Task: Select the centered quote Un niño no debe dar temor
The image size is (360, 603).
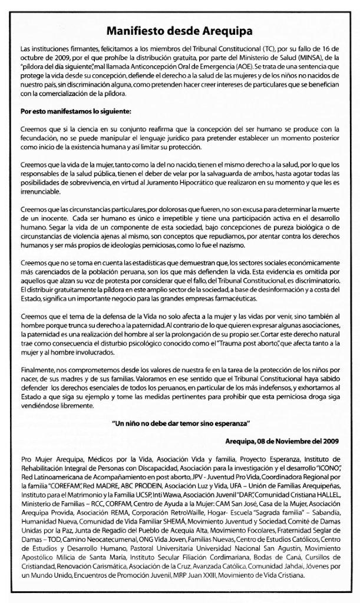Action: [181, 423]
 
